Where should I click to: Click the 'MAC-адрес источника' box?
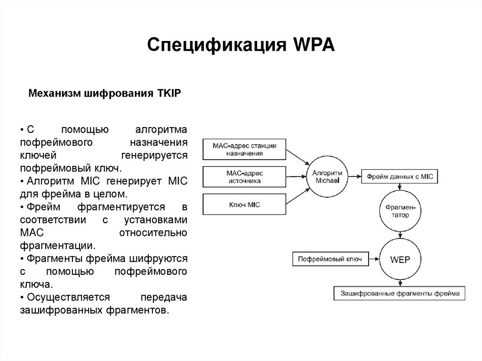point(244,177)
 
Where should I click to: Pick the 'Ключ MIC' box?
point(244,205)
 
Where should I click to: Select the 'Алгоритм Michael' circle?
point(329,176)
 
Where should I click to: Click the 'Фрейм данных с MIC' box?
point(400,177)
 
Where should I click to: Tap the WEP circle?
point(400,259)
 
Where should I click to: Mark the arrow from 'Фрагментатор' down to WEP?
point(400,234)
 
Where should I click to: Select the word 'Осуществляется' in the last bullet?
point(68,298)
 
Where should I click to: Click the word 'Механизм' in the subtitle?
point(55,93)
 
